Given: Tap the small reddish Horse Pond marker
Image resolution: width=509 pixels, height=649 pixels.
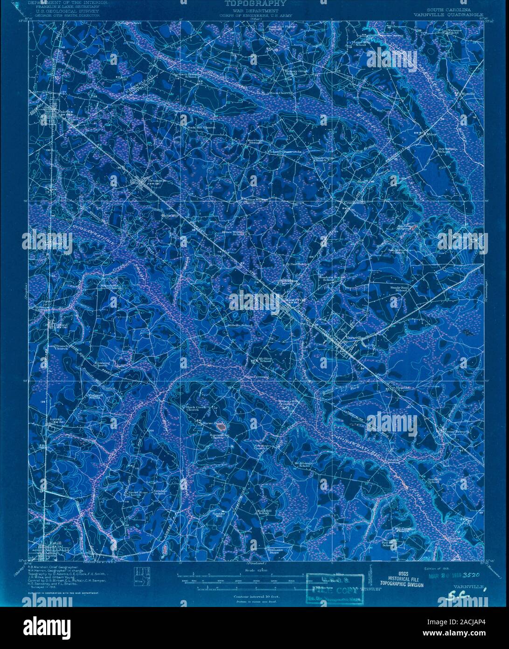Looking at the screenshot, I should coord(221,426).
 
